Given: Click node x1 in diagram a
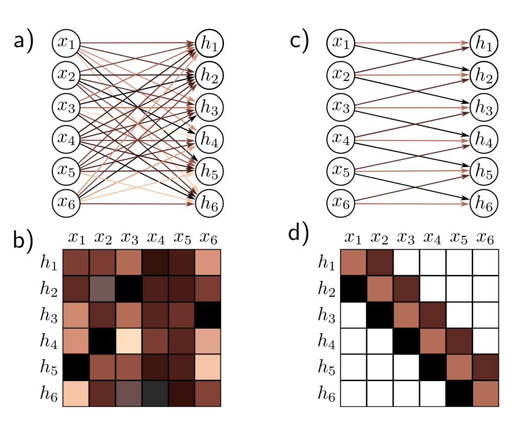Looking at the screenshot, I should [66, 43].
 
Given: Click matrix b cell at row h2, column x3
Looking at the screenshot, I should [128, 289].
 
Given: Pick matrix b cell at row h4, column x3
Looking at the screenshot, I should [128, 341].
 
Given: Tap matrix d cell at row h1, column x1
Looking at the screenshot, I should [354, 263].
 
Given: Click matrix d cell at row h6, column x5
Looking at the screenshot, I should [459, 393].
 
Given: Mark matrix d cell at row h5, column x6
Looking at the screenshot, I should [485, 367].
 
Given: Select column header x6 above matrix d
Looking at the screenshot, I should [485, 239].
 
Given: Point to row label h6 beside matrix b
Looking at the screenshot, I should [50, 393].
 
